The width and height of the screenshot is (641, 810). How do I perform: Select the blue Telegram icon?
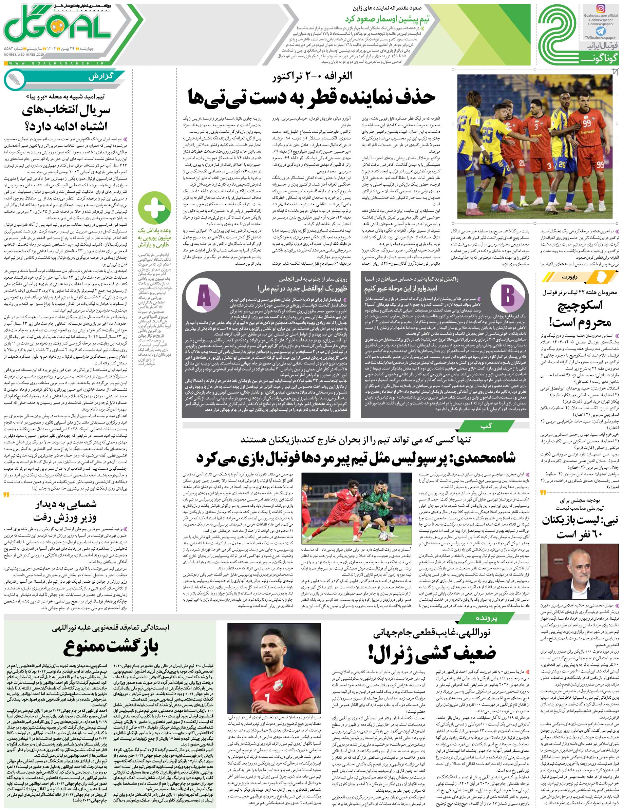coord(600,31)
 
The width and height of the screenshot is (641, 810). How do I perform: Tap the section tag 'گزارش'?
coord(98,78)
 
